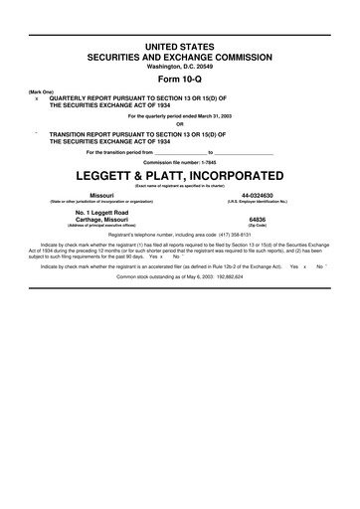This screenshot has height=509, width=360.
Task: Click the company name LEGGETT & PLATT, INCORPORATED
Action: point(180,174)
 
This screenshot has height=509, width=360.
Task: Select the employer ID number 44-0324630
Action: point(258,196)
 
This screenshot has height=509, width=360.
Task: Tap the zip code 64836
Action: point(258,219)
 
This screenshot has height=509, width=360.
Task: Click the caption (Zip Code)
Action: point(258,227)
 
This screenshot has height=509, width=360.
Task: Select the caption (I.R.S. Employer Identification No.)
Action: point(258,203)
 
